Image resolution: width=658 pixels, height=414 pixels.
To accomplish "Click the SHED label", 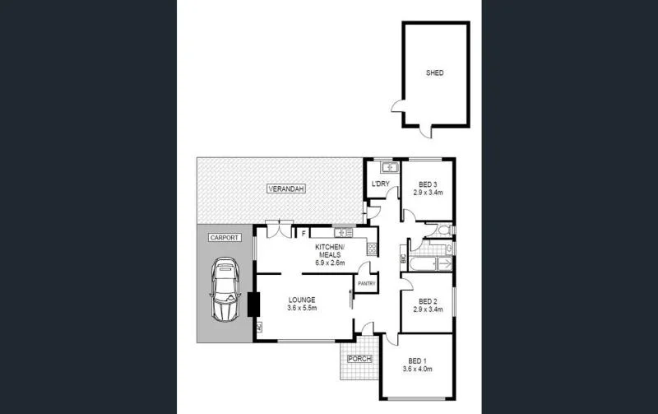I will [x=434, y=73].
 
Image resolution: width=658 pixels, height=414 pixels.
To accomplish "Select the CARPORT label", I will [x=225, y=238].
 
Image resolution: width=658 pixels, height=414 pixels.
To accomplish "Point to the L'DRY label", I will [x=381, y=184].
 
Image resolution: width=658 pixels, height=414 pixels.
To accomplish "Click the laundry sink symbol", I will [x=391, y=169].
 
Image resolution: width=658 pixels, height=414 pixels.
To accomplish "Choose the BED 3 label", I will [x=427, y=184].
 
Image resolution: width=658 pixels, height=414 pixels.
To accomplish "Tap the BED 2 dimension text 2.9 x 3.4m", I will [x=427, y=310].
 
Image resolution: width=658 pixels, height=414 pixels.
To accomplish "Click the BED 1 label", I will [x=418, y=361].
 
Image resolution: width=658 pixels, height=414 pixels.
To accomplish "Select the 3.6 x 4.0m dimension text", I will [x=418, y=370].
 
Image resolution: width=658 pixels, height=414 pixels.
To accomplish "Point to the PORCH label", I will [x=359, y=359].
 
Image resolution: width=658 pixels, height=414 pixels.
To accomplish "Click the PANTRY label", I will [x=365, y=285].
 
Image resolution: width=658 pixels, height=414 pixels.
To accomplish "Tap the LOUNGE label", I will [x=302, y=300].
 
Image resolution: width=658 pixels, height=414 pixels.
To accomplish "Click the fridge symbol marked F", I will [x=304, y=234].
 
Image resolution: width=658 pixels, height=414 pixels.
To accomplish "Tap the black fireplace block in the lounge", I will [x=252, y=305].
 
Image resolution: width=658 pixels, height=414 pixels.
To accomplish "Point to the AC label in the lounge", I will [x=259, y=328].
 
